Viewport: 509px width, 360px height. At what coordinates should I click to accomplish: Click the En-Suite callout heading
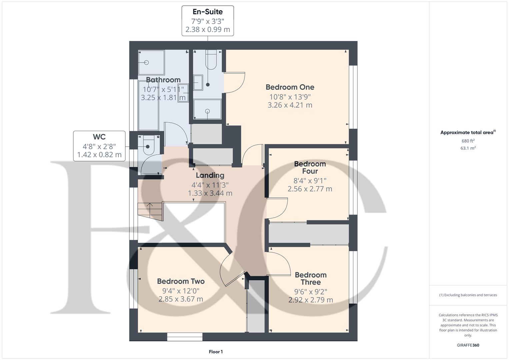click(207, 12)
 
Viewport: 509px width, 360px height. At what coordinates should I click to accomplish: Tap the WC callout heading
click(99, 137)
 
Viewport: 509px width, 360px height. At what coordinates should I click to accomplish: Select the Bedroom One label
click(290, 87)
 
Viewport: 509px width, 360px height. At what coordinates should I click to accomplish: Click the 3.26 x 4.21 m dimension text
click(290, 105)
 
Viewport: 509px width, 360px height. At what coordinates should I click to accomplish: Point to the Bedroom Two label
click(181, 281)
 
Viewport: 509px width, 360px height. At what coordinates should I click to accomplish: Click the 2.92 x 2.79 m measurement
click(310, 300)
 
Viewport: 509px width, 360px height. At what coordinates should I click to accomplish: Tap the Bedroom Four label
click(310, 167)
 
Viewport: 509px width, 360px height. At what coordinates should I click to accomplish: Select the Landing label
click(210, 175)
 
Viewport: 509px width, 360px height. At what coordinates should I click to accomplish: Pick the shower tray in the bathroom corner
click(151, 62)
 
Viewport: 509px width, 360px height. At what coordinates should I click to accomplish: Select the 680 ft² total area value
click(468, 141)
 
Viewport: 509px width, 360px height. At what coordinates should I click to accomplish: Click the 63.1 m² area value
click(468, 148)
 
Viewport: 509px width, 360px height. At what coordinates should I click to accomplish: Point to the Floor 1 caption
click(216, 352)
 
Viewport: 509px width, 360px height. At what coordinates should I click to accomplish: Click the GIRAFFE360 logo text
click(468, 345)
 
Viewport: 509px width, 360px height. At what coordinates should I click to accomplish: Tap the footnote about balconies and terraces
click(468, 295)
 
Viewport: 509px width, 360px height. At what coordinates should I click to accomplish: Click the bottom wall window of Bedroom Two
click(185, 337)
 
